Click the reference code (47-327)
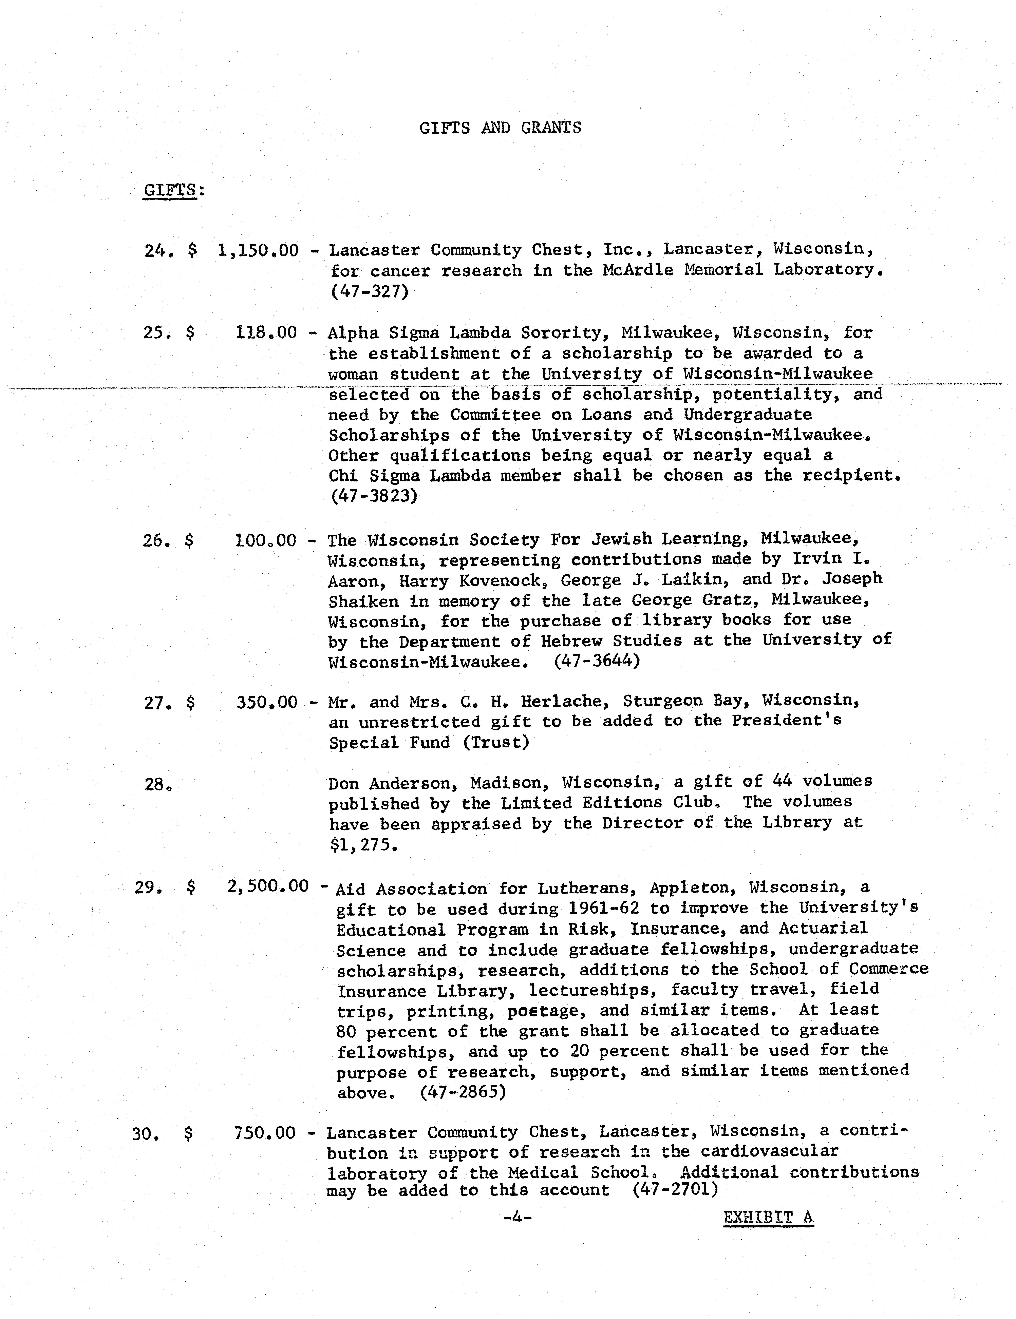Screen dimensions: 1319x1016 tap(370, 292)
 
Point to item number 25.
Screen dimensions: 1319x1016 tap(158, 333)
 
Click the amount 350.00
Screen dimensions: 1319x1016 tap(267, 702)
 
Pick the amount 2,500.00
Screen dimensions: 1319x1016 tap(268, 887)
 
